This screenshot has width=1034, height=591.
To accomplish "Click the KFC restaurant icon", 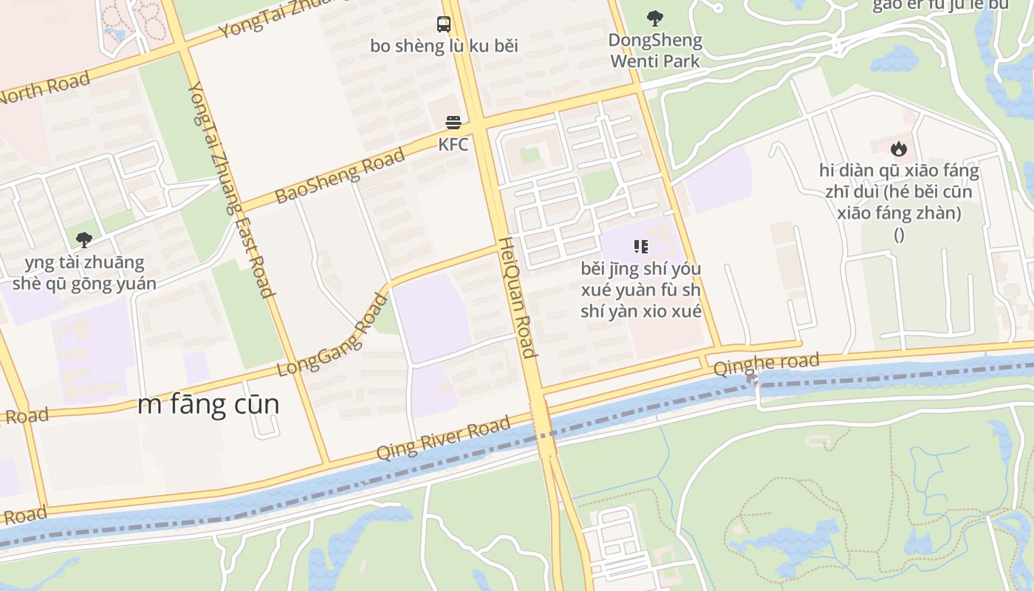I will tap(453, 123).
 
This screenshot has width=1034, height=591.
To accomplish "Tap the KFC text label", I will tap(453, 144).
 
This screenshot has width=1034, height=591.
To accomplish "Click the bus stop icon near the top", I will tap(443, 24).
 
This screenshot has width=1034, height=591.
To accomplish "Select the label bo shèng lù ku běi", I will tap(444, 46).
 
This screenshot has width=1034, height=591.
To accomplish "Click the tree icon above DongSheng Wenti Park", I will tap(654, 18).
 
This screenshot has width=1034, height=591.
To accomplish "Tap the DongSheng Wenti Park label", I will tap(655, 50).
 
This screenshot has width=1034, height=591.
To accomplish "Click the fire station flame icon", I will tap(898, 149).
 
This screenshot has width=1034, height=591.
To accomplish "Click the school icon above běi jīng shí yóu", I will tap(640, 247).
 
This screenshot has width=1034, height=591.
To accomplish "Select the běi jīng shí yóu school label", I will tap(640, 290).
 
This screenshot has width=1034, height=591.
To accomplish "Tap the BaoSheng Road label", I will tap(340, 176).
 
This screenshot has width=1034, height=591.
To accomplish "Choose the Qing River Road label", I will tap(443, 437).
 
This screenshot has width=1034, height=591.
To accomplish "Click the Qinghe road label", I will tap(766, 363).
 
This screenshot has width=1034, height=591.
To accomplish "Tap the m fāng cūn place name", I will tap(208, 405).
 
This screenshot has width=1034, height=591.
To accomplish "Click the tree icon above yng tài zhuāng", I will tap(84, 240).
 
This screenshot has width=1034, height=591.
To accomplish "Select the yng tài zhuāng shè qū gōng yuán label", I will tap(84, 273).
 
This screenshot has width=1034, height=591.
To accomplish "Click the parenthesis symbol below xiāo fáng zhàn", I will tap(899, 235).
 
